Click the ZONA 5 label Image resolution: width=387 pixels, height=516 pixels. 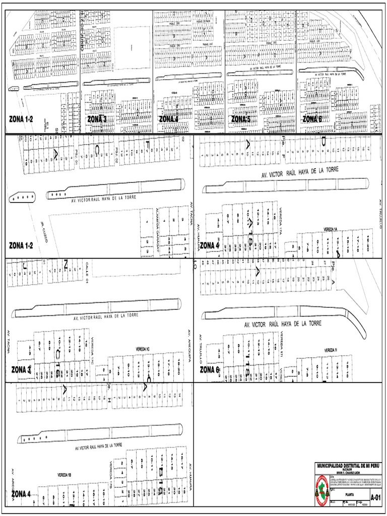pyautogui.click(x=244, y=119)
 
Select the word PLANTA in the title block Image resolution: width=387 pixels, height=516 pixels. pyautogui.click(x=349, y=495)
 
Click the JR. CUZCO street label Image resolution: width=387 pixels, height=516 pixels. pyautogui.click(x=44, y=233)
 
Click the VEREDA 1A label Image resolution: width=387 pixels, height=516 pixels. pyautogui.click(x=330, y=228)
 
